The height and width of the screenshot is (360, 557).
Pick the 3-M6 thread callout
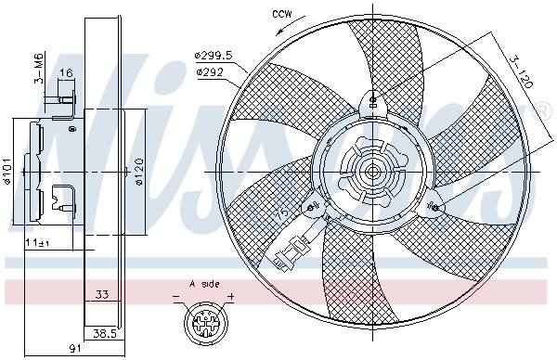38,68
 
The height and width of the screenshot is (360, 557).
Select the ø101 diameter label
7,172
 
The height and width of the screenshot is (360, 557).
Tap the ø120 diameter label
136,172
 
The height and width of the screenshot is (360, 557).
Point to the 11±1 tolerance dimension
37,242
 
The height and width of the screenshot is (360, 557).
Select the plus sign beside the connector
231,298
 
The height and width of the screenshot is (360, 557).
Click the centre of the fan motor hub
373,172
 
